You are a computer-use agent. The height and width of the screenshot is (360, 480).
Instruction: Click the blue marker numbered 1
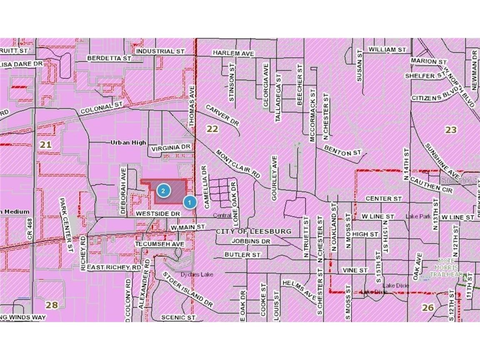(190, 203)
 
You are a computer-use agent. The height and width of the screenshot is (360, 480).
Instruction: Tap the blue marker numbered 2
(164, 191)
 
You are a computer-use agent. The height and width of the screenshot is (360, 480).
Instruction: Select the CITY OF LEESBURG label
(254, 232)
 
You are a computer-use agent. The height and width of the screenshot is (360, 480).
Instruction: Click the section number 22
(212, 129)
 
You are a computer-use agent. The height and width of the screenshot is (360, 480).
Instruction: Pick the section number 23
(451, 130)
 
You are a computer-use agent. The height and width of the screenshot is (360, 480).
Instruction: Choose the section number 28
(52, 305)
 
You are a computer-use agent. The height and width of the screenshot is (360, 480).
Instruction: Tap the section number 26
(428, 307)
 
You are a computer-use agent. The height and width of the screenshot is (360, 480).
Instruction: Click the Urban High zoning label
(128, 142)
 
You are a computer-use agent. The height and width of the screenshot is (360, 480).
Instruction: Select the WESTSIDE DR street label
(158, 213)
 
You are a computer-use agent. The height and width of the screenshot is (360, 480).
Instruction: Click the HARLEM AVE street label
(233, 53)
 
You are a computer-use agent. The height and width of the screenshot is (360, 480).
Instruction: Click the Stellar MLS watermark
(460, 180)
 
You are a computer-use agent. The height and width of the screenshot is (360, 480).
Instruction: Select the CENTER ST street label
(384, 199)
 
